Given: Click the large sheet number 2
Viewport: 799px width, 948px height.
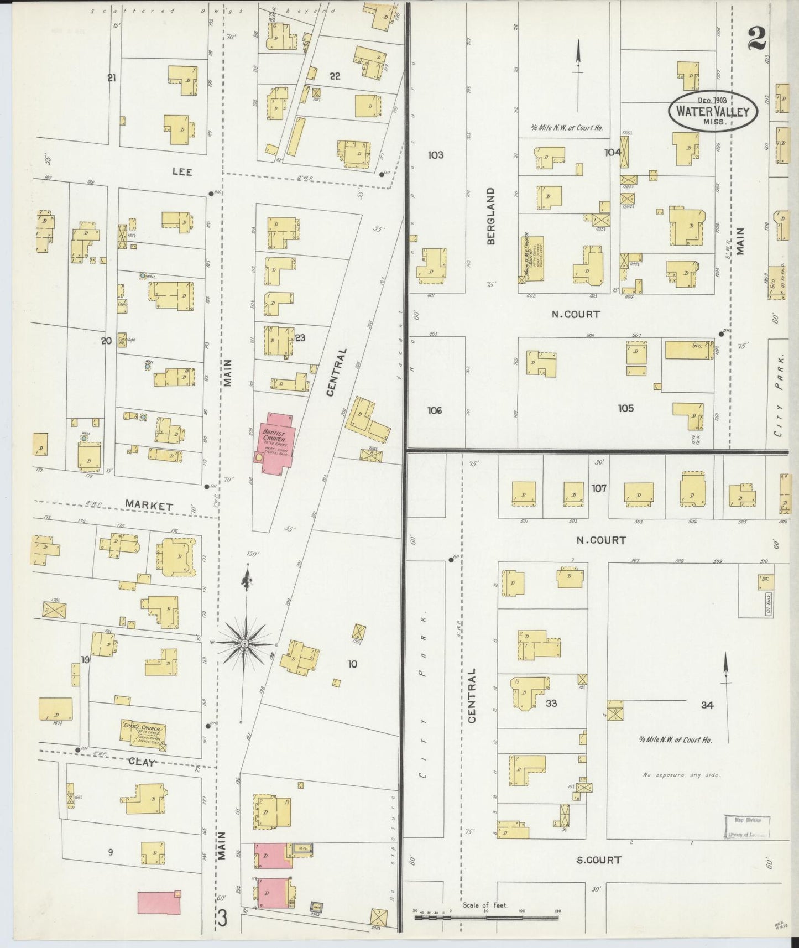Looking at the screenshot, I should click(x=757, y=39).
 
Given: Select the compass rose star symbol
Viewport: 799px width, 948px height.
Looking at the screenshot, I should click(x=244, y=643).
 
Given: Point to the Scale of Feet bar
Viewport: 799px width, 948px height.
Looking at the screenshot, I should click(x=487, y=918).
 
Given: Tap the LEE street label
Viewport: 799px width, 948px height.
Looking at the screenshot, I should click(x=182, y=172).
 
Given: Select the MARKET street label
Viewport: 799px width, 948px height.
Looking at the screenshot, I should click(x=149, y=505).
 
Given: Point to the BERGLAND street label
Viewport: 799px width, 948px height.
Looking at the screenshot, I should click(x=490, y=216).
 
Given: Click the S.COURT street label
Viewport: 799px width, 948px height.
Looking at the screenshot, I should click(x=598, y=860).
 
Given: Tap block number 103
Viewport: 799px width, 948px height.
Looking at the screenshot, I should click(x=435, y=155).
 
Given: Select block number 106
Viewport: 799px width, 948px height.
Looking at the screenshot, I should click(x=435, y=410).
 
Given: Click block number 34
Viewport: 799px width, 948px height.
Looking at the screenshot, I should click(x=707, y=705).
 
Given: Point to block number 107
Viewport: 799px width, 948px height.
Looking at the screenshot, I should click(x=599, y=488).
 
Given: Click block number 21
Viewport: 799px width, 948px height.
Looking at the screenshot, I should click(x=112, y=78).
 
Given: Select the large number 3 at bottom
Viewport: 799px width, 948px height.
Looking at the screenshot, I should click(x=222, y=919).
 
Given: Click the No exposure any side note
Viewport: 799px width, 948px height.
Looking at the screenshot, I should click(x=681, y=775).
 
